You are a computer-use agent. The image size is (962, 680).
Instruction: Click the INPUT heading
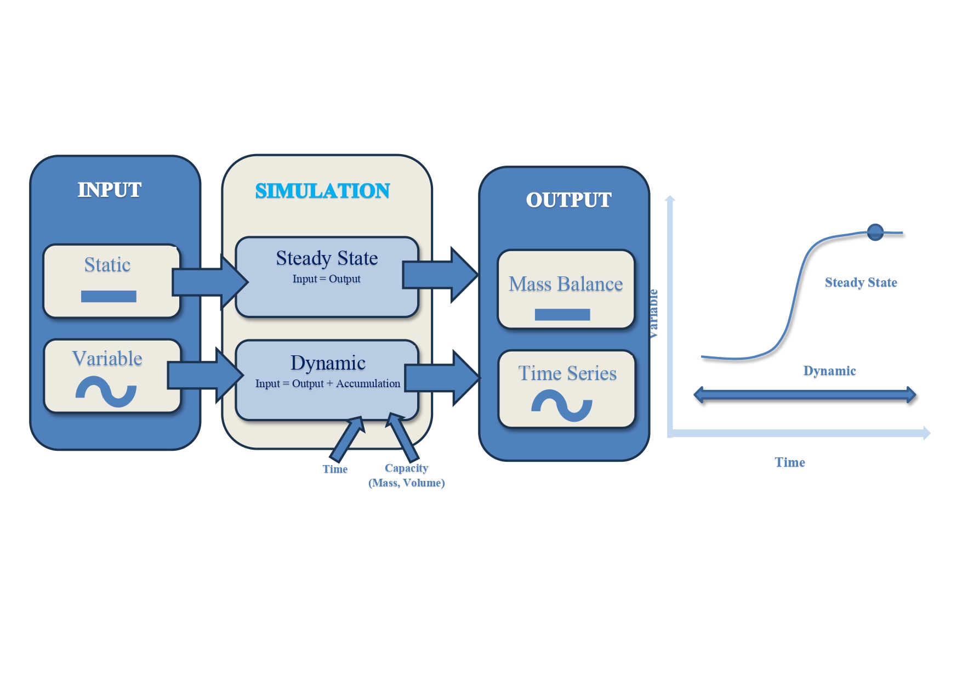pyautogui.click(x=110, y=190)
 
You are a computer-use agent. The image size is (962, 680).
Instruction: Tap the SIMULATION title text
pyautogui.click(x=322, y=191)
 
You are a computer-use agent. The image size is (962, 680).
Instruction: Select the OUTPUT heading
pyautogui.click(x=568, y=200)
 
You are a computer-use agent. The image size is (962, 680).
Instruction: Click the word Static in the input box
pyautogui.click(x=107, y=265)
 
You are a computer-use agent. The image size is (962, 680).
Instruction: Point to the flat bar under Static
pyautogui.click(x=109, y=296)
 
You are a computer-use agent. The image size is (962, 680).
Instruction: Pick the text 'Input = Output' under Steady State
pyautogui.click(x=326, y=279)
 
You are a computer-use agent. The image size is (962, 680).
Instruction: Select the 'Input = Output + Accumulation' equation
pyautogui.click(x=327, y=383)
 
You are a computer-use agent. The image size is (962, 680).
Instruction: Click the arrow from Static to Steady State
pyautogui.click(x=208, y=282)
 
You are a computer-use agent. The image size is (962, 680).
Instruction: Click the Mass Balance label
pyautogui.click(x=566, y=284)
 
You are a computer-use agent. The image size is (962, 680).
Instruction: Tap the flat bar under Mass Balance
pyautogui.click(x=562, y=314)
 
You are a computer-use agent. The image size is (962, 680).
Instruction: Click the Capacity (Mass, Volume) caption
pyautogui.click(x=406, y=475)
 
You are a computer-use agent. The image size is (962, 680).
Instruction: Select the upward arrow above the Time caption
pyautogui.click(x=346, y=439)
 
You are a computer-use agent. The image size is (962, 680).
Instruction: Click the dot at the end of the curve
pyautogui.click(x=875, y=232)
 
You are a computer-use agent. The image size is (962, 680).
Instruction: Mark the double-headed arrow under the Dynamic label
pyautogui.click(x=805, y=394)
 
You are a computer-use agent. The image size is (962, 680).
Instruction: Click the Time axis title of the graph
pyautogui.click(x=789, y=462)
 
